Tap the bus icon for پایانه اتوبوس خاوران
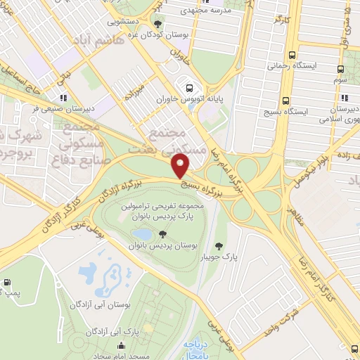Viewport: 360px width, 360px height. pos(188,88)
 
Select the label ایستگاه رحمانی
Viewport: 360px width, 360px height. pos(291,65)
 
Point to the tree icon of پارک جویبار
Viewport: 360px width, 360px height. pos(219,245)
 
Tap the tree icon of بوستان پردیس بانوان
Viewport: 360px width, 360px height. pos(163,233)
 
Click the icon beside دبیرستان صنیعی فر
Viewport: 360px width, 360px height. pos(63,98)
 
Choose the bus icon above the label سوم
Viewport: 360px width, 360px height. pos(341,70)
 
